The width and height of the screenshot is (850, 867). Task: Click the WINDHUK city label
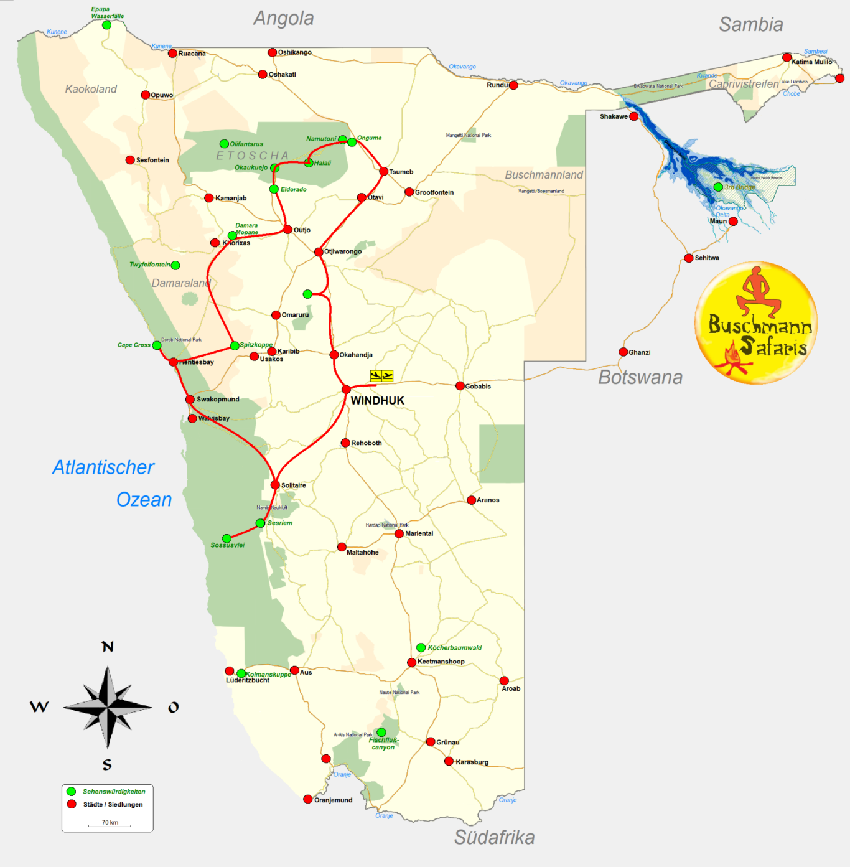coord(377,400)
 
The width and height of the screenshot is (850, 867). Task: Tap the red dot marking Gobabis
coord(460,386)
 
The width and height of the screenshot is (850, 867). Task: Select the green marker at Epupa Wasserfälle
coord(106,25)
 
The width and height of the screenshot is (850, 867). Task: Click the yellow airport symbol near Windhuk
coord(381,375)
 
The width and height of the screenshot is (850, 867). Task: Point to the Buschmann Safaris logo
coord(755,322)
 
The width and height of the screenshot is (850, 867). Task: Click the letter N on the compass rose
coord(108,647)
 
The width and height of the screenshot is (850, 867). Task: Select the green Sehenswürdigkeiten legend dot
coord(72,792)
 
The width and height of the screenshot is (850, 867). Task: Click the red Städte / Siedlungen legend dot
coord(72,804)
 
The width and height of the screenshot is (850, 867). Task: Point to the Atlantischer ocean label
coord(103,467)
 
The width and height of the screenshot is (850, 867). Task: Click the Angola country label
coord(283,19)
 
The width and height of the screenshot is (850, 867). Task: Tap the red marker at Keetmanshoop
coord(411,662)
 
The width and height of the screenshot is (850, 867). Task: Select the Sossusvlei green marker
coord(227,538)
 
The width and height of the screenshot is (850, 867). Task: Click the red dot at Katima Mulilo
coord(787,57)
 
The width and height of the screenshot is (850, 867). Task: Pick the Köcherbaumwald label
coord(454,648)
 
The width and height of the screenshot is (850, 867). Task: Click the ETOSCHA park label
coord(253,156)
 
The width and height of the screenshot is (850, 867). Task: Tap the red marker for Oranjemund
coord(307,799)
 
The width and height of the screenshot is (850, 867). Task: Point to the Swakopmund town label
coord(218,400)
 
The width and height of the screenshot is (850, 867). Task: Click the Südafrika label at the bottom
coord(494,837)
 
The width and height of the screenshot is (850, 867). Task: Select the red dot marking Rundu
coord(513,85)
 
